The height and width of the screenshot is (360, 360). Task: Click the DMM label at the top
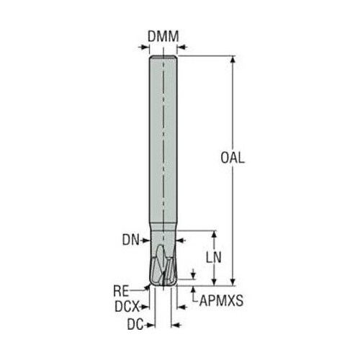tap(163, 37)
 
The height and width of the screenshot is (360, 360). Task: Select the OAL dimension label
tap(233, 158)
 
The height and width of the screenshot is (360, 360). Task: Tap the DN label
tap(131, 240)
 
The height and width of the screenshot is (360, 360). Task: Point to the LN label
tap(214, 258)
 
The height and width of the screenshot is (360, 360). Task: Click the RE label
tap(121, 292)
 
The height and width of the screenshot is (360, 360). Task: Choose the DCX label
tap(127, 307)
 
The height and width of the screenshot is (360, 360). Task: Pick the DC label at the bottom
tap(135, 325)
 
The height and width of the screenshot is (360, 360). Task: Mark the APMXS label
tap(221, 300)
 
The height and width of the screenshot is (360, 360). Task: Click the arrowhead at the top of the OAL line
tap(233, 59)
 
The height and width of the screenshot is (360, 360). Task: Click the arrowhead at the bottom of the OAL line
tap(233, 282)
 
